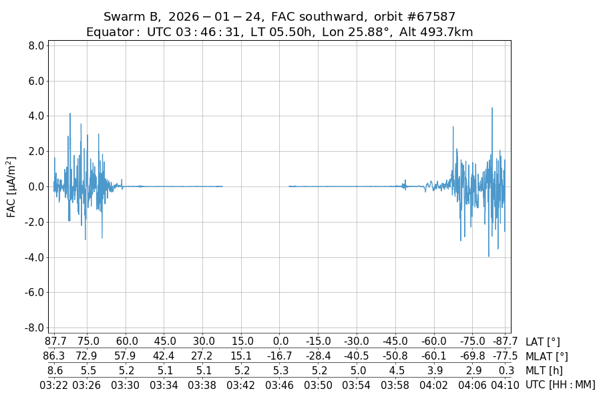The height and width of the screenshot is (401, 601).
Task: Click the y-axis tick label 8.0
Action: pos(36,46)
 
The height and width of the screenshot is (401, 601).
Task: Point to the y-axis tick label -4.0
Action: pos(35,257)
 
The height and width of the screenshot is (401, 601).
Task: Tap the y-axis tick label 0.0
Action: pos(36,186)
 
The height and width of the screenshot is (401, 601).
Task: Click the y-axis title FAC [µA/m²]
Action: pos(11,186)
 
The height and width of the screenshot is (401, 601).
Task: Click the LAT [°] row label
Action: pos(543,342)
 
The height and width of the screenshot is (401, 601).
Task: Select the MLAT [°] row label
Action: pos(547,356)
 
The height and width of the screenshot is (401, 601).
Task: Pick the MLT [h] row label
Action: pos(544,370)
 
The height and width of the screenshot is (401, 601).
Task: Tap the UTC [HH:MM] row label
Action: pos(560,384)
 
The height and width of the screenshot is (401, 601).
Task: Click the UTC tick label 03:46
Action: pos(280,384)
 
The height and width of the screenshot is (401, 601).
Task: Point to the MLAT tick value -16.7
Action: pos(280,356)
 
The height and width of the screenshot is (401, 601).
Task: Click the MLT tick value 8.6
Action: pos(55,370)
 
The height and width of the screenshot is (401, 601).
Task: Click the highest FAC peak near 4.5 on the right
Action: pos(492,108)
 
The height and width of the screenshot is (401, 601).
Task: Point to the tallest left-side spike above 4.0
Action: pos(69,114)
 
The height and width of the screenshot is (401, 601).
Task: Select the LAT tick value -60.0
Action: pos(434,342)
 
